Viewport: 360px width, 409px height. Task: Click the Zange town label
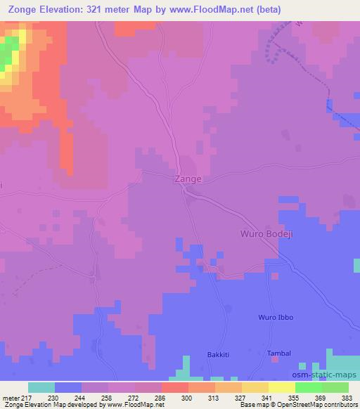click(188, 179)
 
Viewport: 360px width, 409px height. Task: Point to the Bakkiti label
click(219, 353)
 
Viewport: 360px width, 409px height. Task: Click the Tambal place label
click(278, 353)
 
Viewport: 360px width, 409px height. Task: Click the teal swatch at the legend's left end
click(41, 387)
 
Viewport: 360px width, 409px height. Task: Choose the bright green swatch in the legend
click(308, 387)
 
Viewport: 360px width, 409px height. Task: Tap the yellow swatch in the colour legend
click(281, 387)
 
